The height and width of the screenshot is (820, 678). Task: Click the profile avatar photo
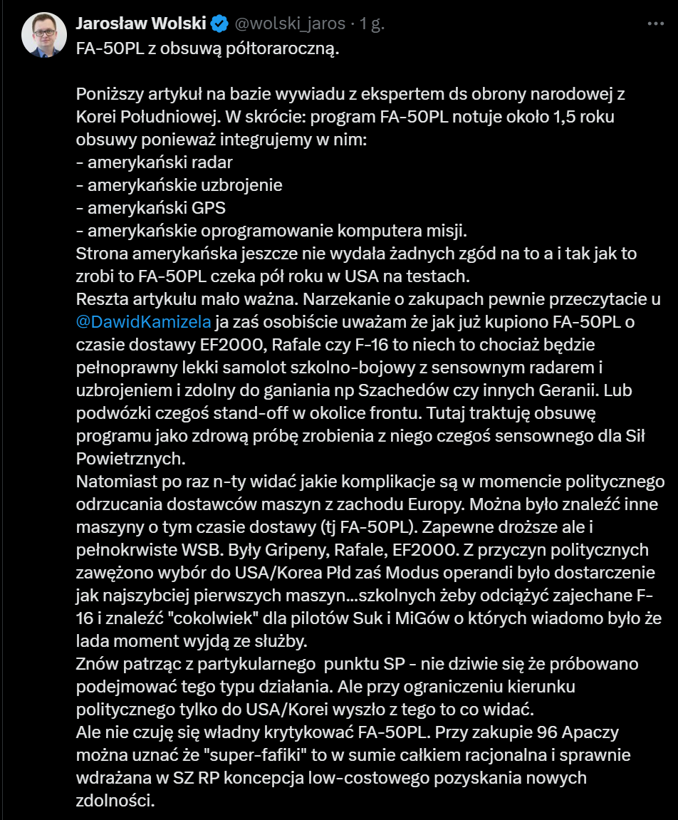(44, 34)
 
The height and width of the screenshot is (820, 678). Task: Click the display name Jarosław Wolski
(140, 24)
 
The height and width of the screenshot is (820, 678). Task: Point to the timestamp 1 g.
(372, 24)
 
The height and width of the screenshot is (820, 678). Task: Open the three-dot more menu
(655, 24)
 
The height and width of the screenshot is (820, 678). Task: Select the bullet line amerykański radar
(155, 162)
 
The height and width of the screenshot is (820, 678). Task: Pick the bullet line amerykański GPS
(151, 208)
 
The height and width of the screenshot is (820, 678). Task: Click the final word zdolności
(115, 801)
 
